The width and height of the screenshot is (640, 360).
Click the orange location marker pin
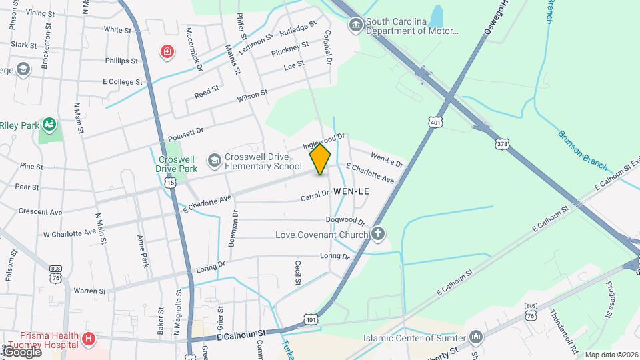pyautogui.click(x=320, y=159)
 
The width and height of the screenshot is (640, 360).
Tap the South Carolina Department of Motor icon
pyautogui.click(x=357, y=25)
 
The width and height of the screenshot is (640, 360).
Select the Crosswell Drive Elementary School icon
pyautogui.click(x=214, y=160)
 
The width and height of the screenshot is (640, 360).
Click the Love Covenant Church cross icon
pyautogui.click(x=377, y=234)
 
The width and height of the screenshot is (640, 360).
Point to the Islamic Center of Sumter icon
pyautogui.click(x=476, y=337)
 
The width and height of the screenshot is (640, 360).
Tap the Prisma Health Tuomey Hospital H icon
pyautogui.click(x=88, y=340)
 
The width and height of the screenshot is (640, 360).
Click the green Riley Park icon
pyautogui.click(x=48, y=124)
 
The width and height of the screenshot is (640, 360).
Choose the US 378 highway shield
pyautogui.click(x=501, y=143)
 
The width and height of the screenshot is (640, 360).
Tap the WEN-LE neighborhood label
pyautogui.click(x=351, y=191)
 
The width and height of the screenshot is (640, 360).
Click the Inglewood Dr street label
pyautogui.click(x=323, y=141)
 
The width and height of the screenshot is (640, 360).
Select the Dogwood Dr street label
pyautogui.click(x=345, y=220)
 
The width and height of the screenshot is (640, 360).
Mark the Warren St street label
pyautogui.click(x=89, y=291)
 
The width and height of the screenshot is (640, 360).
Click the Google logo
pyautogui.click(x=21, y=351)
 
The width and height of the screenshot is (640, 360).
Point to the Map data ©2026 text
pyautogui.click(x=610, y=355)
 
